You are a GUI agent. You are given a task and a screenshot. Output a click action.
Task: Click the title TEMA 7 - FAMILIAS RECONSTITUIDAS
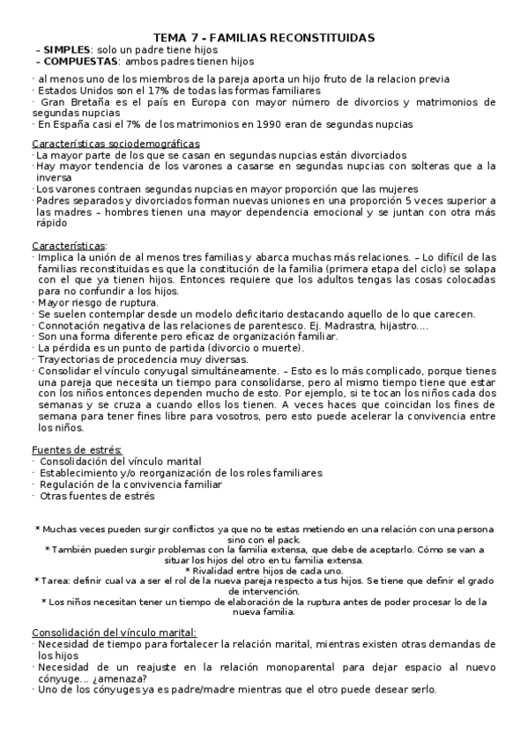(264, 37)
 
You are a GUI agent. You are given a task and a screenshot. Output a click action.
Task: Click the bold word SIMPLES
(66, 49)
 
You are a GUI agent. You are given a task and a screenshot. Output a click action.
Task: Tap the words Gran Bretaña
(68, 102)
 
